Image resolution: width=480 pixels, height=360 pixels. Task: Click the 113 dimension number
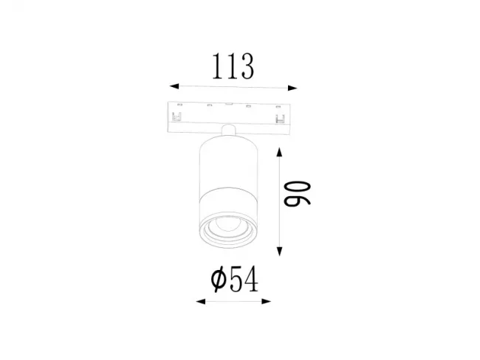tap(233, 66)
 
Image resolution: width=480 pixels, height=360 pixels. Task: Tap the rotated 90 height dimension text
tap(297, 194)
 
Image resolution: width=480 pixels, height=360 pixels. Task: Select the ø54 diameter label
tap(235, 279)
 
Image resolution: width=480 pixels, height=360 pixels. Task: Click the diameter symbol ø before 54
tap(219, 279)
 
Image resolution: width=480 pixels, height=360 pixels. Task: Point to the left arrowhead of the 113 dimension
tap(174, 86)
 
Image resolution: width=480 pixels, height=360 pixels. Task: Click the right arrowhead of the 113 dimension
tap(292, 88)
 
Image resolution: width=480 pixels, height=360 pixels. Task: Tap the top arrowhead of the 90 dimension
tap(279, 152)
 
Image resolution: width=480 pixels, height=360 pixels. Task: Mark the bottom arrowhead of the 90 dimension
tap(279, 252)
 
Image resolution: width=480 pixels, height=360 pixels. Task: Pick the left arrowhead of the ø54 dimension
tap(201, 302)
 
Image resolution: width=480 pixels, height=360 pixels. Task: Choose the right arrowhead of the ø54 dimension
tap(267, 301)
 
